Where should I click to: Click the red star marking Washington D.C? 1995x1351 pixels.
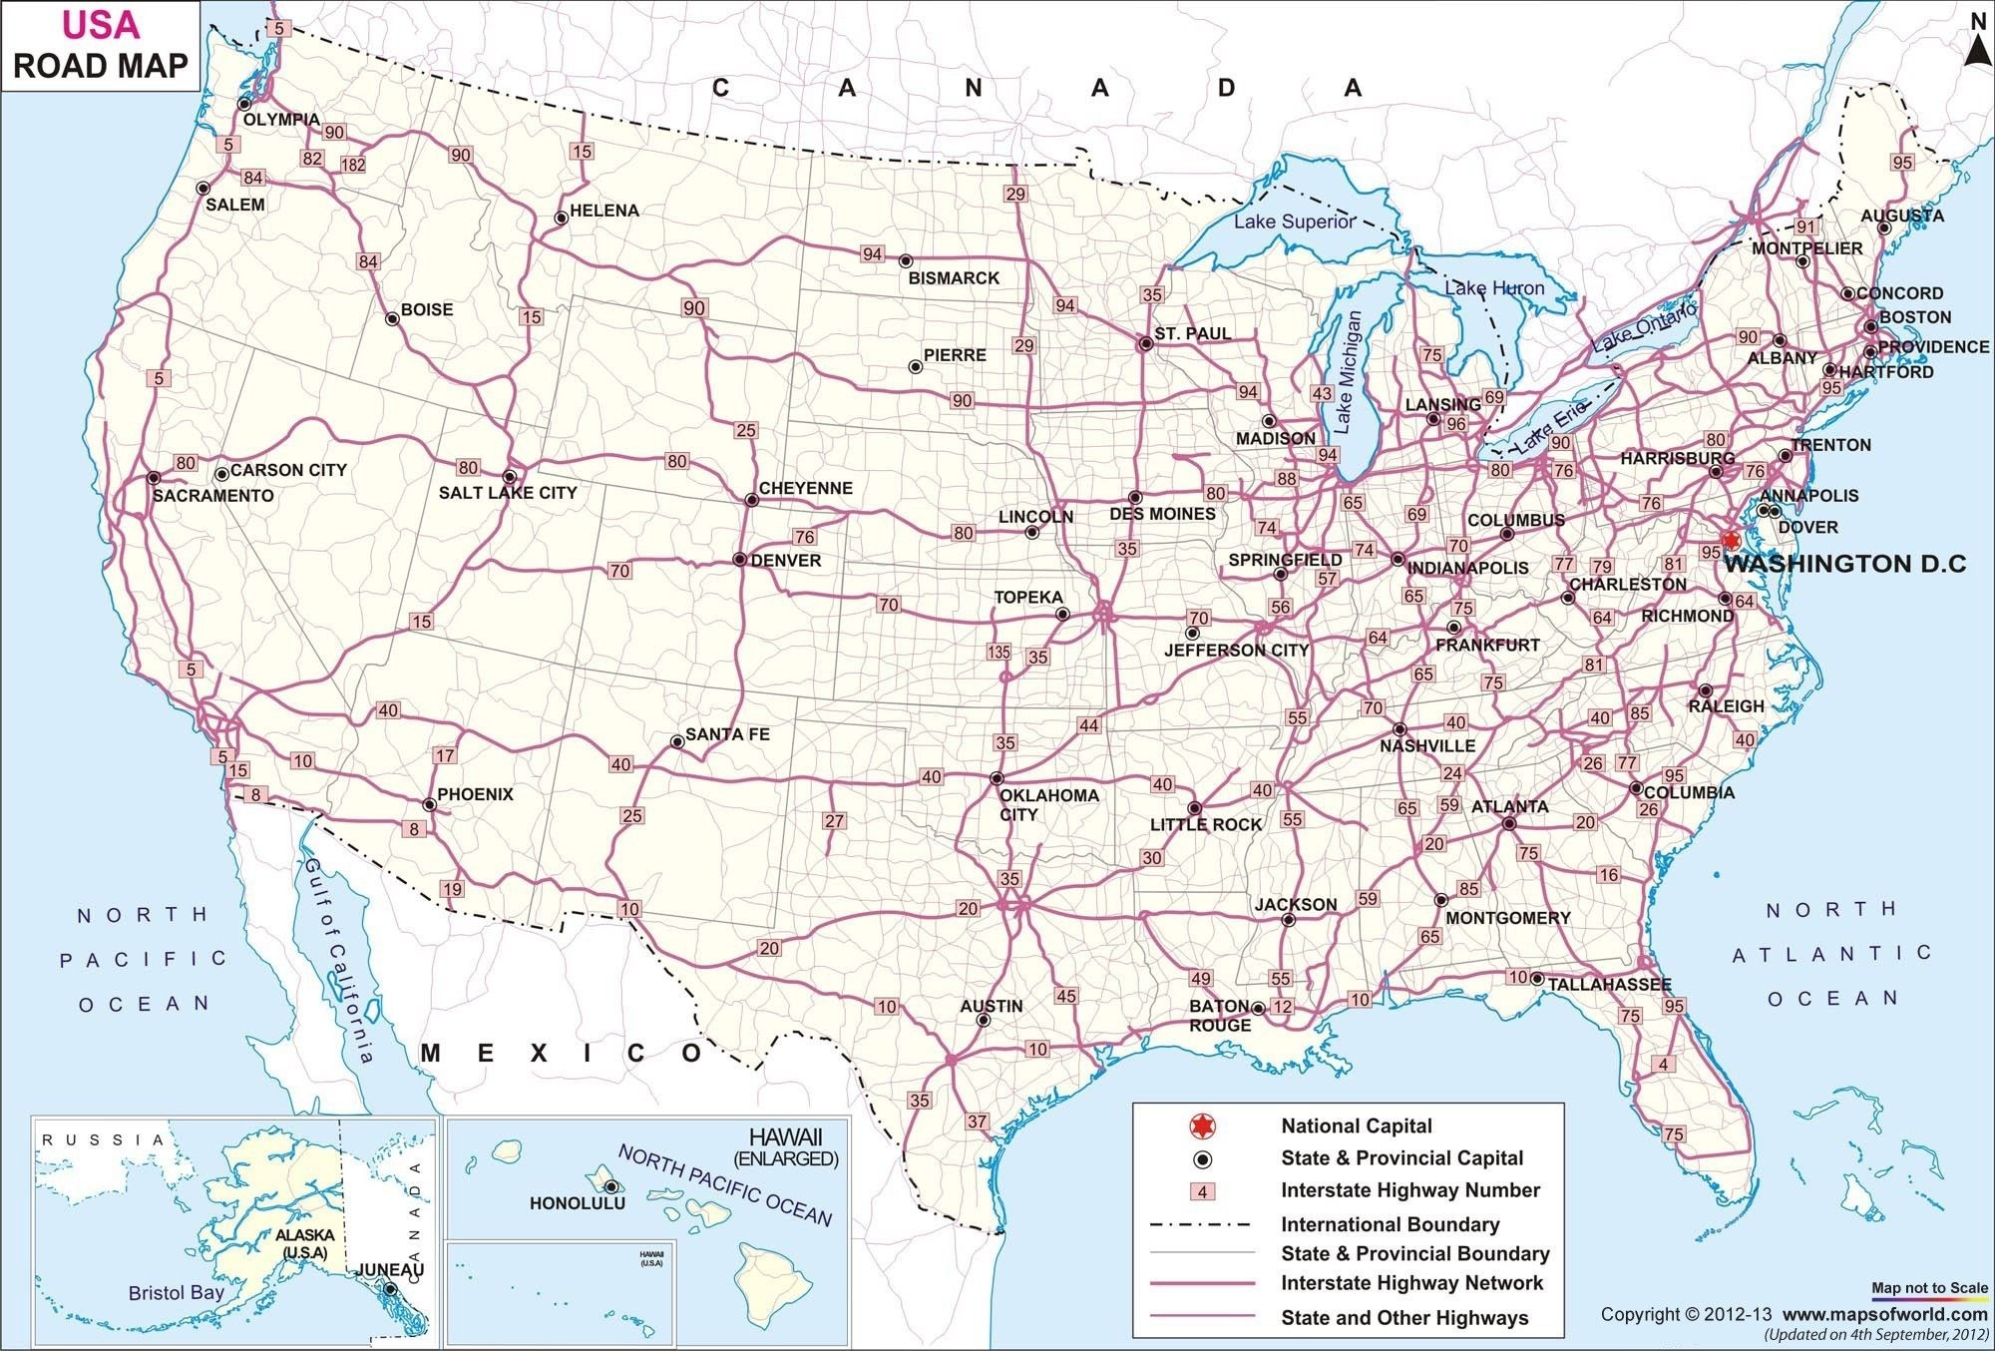pyautogui.click(x=1731, y=540)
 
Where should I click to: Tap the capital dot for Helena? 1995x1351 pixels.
pyautogui.click(x=561, y=218)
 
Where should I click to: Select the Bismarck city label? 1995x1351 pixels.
pyautogui.click(x=953, y=278)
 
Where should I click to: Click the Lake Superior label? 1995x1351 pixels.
pyautogui.click(x=1294, y=222)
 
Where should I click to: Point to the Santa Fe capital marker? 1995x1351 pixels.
pyautogui.click(x=677, y=741)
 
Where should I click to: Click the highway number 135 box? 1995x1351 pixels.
pyautogui.click(x=998, y=653)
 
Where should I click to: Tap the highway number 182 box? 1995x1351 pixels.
pyautogui.click(x=353, y=165)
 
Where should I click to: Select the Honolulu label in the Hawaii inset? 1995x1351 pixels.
pyautogui.click(x=577, y=1203)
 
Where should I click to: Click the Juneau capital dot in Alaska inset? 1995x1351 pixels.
pyautogui.click(x=390, y=1289)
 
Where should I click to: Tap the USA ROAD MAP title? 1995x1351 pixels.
pyautogui.click(x=100, y=46)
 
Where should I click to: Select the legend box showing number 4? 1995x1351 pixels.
pyautogui.click(x=1203, y=1191)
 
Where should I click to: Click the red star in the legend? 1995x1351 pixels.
pyautogui.click(x=1203, y=1126)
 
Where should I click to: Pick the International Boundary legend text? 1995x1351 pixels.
pyautogui.click(x=1390, y=1224)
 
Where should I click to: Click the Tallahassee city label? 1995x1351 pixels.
pyautogui.click(x=1608, y=984)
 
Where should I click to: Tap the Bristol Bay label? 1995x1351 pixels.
pyautogui.click(x=177, y=1293)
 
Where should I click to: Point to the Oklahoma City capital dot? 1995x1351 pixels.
pyautogui.click(x=996, y=778)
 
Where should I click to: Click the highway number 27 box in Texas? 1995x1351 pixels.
pyautogui.click(x=834, y=821)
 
